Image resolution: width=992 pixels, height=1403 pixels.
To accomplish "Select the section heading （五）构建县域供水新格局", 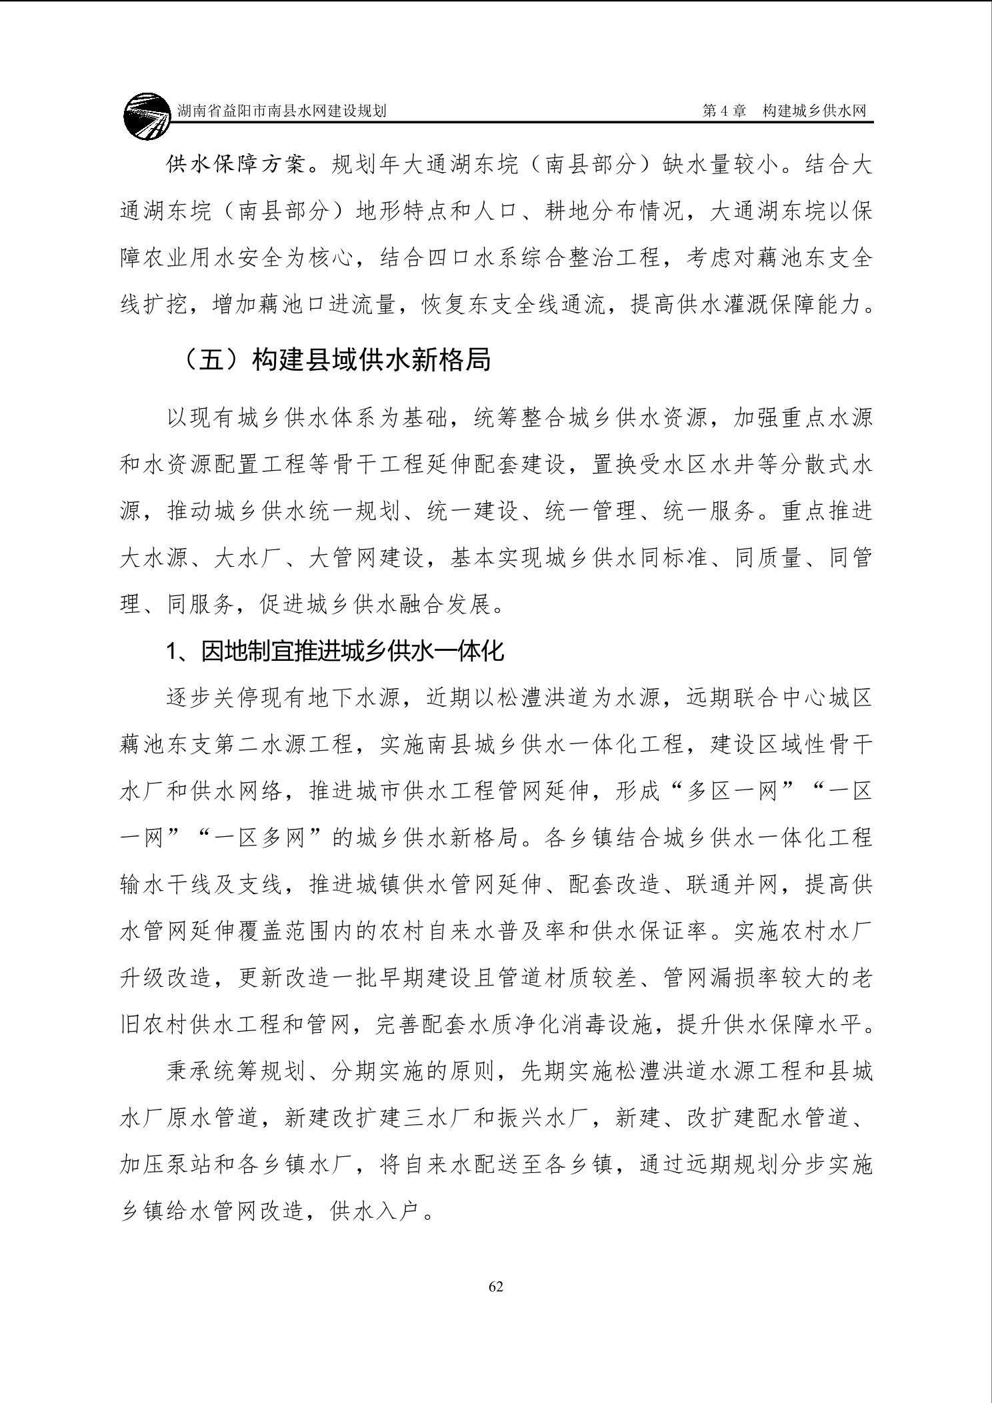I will coord(336,360).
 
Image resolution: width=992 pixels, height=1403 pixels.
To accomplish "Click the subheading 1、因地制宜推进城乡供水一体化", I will coord(335,651).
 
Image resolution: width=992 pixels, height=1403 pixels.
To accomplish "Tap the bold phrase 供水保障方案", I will coord(237,165).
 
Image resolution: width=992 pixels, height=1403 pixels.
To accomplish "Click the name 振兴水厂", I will coord(543,1118).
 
